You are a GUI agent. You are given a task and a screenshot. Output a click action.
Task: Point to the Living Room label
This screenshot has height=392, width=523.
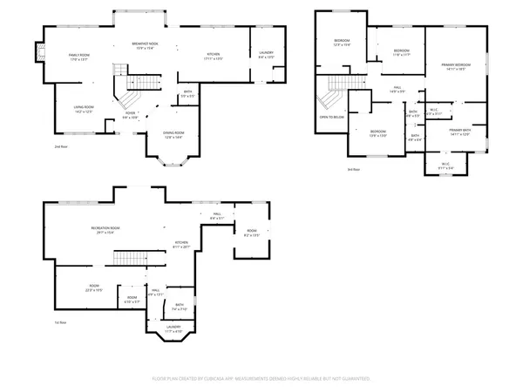click(84, 109)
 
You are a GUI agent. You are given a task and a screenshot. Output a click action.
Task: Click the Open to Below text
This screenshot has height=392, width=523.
click(329, 116)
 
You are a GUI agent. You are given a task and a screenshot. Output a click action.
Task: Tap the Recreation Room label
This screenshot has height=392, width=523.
click(105, 230)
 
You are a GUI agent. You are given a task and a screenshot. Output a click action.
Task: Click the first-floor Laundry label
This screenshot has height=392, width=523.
click(173, 329)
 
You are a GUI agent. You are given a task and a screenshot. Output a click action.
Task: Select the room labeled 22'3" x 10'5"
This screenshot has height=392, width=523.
click(94, 288)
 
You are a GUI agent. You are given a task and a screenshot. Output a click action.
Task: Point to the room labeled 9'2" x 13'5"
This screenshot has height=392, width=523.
click(251, 233)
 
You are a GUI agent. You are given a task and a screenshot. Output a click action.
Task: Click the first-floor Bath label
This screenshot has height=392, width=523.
click(180, 307)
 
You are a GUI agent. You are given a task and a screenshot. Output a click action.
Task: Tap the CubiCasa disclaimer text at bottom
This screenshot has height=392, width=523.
click(261, 380)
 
